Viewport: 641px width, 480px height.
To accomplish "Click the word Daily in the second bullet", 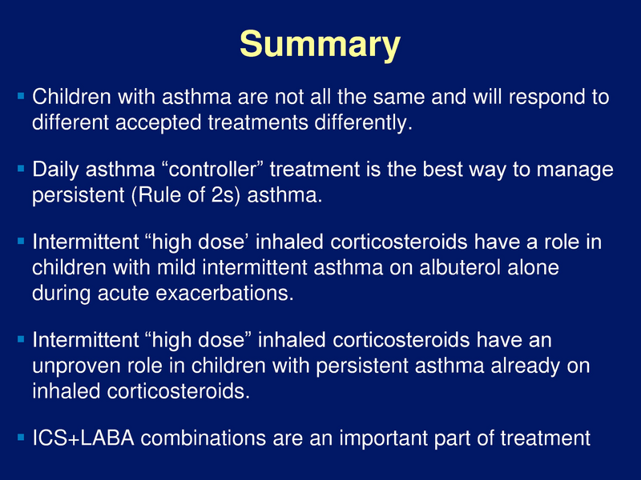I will (x=54, y=170).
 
